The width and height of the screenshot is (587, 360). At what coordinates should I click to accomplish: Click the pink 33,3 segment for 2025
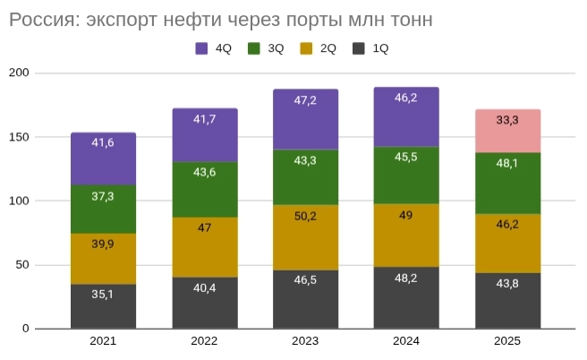click(x=507, y=131)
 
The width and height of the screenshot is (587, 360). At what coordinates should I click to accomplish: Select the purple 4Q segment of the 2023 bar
click(x=305, y=119)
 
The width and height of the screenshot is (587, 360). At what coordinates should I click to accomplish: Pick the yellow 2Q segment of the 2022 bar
click(x=204, y=247)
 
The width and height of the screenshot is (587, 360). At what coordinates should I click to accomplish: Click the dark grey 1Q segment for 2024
click(x=406, y=297)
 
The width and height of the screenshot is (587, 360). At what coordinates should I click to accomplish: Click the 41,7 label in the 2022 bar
click(x=204, y=118)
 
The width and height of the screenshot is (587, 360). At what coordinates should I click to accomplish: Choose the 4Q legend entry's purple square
click(x=202, y=48)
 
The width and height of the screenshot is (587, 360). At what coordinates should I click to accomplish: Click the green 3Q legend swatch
click(x=254, y=48)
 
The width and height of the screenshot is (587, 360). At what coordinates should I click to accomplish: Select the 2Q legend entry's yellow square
click(x=306, y=48)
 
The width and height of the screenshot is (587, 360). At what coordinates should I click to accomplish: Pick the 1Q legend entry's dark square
click(x=359, y=48)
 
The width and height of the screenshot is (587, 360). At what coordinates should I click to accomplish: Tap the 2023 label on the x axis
click(x=305, y=341)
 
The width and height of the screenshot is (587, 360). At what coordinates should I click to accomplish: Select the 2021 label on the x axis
click(x=103, y=341)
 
